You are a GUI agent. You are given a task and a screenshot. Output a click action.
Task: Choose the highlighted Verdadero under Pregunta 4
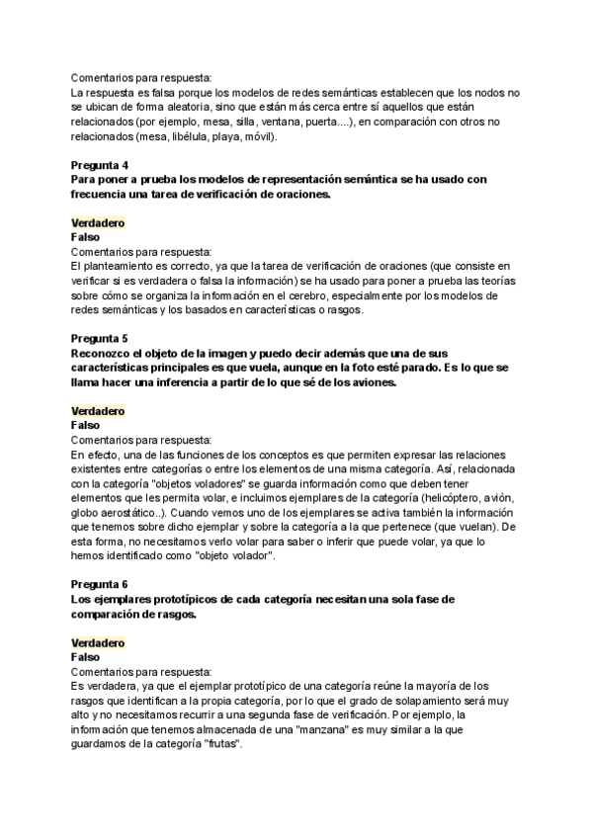point(98,223)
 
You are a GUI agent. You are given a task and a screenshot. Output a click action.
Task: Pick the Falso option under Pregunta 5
point(86,425)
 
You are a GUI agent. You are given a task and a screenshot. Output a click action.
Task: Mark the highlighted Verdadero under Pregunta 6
point(98,642)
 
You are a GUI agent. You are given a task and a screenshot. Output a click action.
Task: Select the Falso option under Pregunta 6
point(86,656)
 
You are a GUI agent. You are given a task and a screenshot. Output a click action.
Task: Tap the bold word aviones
point(369,382)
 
